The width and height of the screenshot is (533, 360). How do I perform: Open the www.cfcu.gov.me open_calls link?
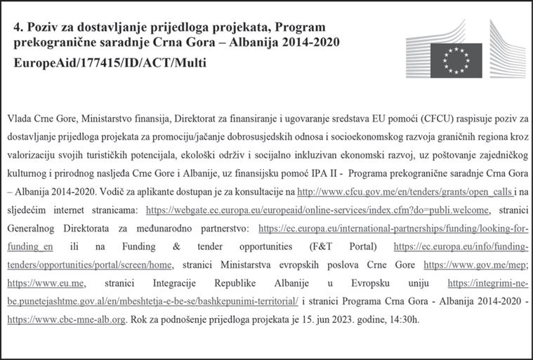tap(376, 190)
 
